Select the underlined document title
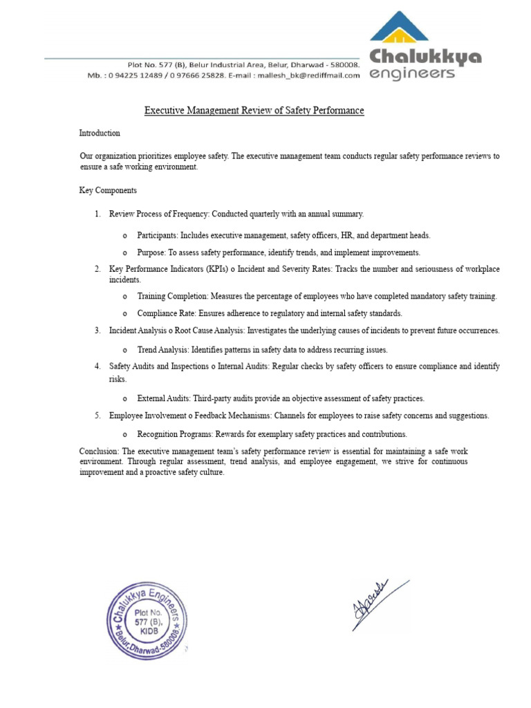pyautogui.click(x=254, y=111)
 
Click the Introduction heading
pyautogui.click(x=100, y=133)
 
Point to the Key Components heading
pyautogui.click(x=108, y=190)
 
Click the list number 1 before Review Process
pyautogui.click(x=97, y=214)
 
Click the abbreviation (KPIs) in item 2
pyautogui.click(x=214, y=269)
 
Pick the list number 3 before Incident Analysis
pyautogui.click(x=97, y=330)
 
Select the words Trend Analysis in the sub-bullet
pyautogui.click(x=162, y=350)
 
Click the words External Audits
pyautogui.click(x=164, y=399)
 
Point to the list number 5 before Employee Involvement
pyautogui.click(x=97, y=416)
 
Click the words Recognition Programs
pyautogui.click(x=174, y=434)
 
